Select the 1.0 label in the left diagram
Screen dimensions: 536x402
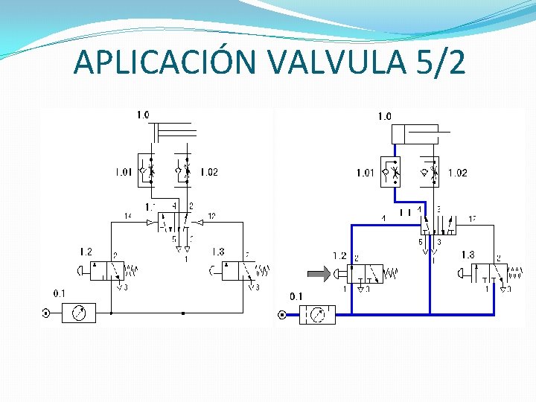point(142,115)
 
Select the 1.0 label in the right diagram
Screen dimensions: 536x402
point(384,116)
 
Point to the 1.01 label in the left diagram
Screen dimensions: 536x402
point(124,173)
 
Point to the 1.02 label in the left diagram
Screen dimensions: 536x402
point(209,173)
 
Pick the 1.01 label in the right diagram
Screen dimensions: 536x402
point(365,173)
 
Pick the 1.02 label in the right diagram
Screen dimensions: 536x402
point(457,173)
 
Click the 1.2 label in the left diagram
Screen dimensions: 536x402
point(86,252)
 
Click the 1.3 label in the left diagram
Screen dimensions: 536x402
point(218,252)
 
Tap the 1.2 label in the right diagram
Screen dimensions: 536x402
point(339,255)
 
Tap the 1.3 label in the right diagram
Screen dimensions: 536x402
point(468,255)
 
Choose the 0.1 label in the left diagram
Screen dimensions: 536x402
point(60,293)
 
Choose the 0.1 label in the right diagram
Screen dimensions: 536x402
point(296,296)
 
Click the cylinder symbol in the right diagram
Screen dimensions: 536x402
point(420,135)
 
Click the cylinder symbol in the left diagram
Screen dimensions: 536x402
point(174,133)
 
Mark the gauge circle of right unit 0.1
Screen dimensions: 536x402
point(318,315)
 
